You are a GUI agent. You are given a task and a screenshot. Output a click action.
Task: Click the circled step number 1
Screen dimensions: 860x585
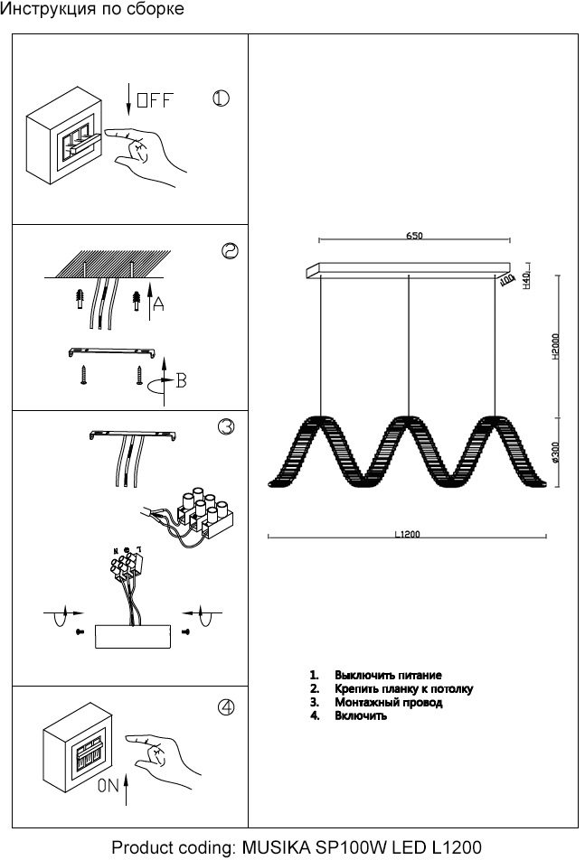[222, 98]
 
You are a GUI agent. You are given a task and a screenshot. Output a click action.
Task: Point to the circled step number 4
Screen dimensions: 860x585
[226, 708]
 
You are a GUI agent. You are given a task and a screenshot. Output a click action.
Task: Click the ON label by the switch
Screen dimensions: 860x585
[109, 786]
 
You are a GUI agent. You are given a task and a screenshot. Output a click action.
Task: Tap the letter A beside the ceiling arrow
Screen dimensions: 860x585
[159, 305]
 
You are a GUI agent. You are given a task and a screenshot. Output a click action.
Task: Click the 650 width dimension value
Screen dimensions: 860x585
[414, 236]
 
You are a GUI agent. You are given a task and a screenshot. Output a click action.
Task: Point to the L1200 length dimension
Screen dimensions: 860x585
[407, 534]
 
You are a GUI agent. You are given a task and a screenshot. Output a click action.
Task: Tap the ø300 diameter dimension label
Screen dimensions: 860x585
[554, 452]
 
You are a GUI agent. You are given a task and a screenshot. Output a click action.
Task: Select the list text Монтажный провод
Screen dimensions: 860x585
[388, 702]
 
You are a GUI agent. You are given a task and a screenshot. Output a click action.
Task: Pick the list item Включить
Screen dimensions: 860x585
[361, 715]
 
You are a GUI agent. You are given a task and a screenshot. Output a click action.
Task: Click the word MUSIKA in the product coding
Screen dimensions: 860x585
[277, 847]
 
